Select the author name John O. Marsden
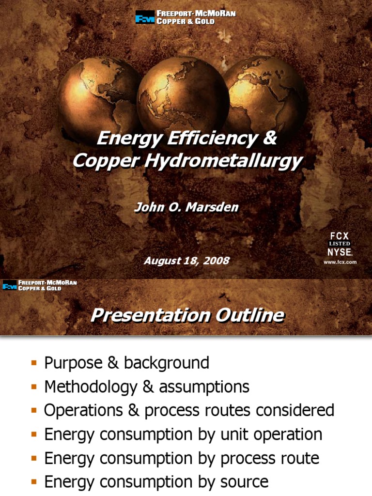coord(186,207)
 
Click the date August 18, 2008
coord(186,261)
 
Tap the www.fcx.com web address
coord(340,262)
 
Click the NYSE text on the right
coord(340,252)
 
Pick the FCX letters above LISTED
coord(340,236)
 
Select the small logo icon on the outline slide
coord(10,286)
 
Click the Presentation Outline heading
coord(187,316)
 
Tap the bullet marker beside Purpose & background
coord(34,363)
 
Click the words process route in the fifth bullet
coord(271,458)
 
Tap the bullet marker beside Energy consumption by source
coord(34,481)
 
